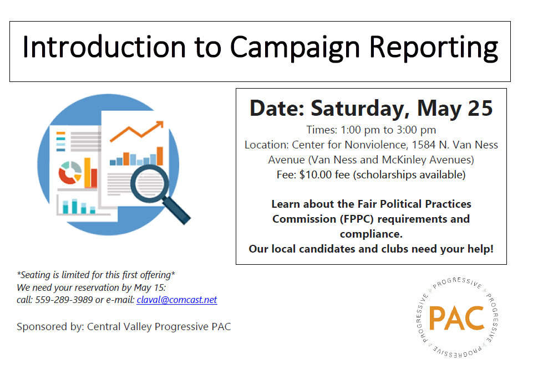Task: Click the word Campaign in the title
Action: point(295,48)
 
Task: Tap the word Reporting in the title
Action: point(433,48)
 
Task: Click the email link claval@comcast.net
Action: point(177,300)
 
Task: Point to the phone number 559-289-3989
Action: point(64,300)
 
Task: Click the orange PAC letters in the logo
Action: point(456,318)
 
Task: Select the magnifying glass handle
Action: point(176,210)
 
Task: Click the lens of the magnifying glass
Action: point(150,184)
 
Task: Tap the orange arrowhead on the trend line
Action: point(159,125)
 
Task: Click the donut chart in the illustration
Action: point(70,172)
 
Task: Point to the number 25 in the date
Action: point(480,108)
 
